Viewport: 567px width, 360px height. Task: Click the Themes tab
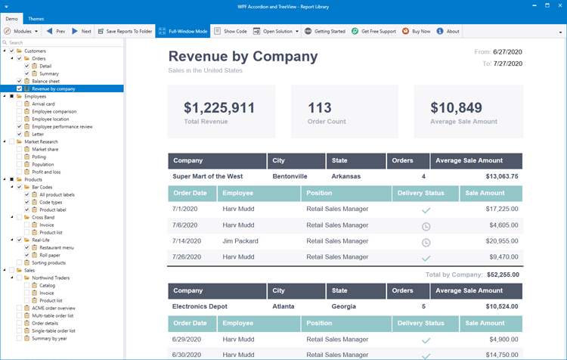point(36,17)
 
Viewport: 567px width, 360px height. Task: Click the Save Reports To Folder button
point(124,32)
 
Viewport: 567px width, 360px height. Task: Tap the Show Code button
point(230,32)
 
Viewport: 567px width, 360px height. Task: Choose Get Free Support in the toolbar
point(373,32)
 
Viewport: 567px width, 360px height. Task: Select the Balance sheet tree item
point(45,81)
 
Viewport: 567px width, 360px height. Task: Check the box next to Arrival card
point(20,104)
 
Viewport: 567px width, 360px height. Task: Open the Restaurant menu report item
point(56,247)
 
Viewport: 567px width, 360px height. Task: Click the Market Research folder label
point(41,141)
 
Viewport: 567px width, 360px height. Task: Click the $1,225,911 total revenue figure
point(219,108)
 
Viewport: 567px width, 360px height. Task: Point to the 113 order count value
point(320,108)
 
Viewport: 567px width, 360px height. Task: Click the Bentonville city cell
point(290,176)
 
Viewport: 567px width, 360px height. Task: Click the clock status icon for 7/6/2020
point(426,225)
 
